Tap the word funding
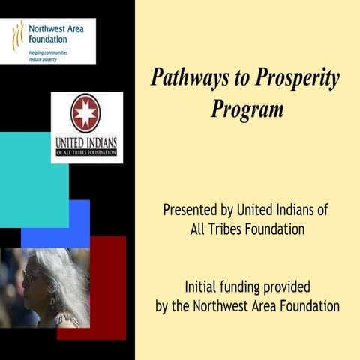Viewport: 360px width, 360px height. click(x=253, y=286)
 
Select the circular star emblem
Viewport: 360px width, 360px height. click(x=85, y=113)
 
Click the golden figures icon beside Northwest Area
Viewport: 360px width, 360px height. click(x=17, y=34)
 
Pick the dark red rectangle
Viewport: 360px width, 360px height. click(x=109, y=285)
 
